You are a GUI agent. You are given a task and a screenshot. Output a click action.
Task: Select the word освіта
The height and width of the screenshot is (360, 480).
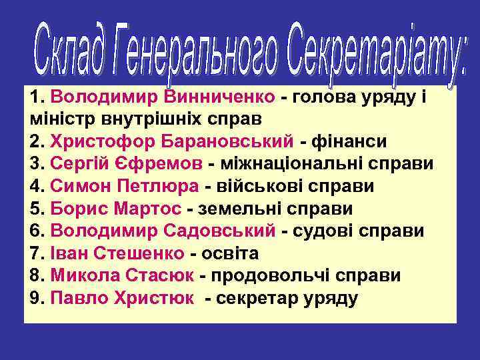tap(233, 254)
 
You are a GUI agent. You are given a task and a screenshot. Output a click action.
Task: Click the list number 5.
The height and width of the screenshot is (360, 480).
tap(37, 209)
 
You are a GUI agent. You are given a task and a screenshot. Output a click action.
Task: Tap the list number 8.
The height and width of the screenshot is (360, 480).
tap(37, 276)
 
